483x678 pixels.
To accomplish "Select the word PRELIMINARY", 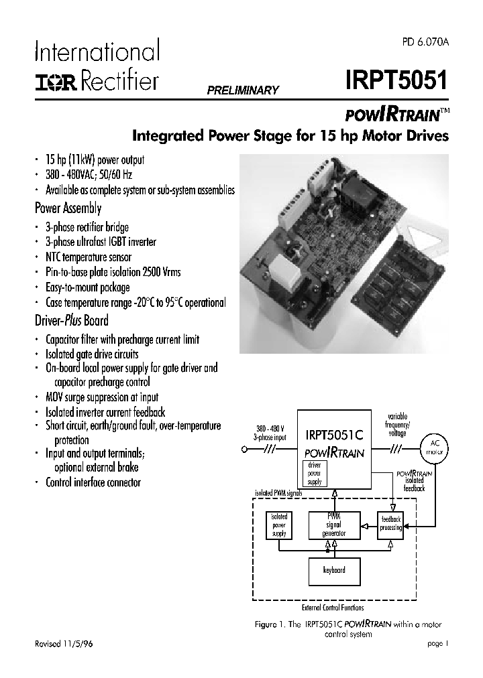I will click(242, 90).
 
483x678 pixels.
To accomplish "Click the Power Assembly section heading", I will click(68, 208).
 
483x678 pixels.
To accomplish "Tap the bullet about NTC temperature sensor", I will click(89, 257).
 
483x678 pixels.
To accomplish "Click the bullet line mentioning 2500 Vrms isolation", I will click(113, 273).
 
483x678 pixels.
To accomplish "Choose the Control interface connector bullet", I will click(93, 482).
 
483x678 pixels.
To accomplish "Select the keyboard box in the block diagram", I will click(333, 570).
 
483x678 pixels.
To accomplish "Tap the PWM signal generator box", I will click(333, 525).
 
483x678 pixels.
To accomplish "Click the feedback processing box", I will click(391, 524).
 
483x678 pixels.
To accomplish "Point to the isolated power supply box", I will click(279, 525).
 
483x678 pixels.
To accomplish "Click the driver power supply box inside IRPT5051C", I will click(314, 473).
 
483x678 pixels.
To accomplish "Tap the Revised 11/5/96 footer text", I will click(64, 642).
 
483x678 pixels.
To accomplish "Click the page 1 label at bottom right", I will click(437, 642).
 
